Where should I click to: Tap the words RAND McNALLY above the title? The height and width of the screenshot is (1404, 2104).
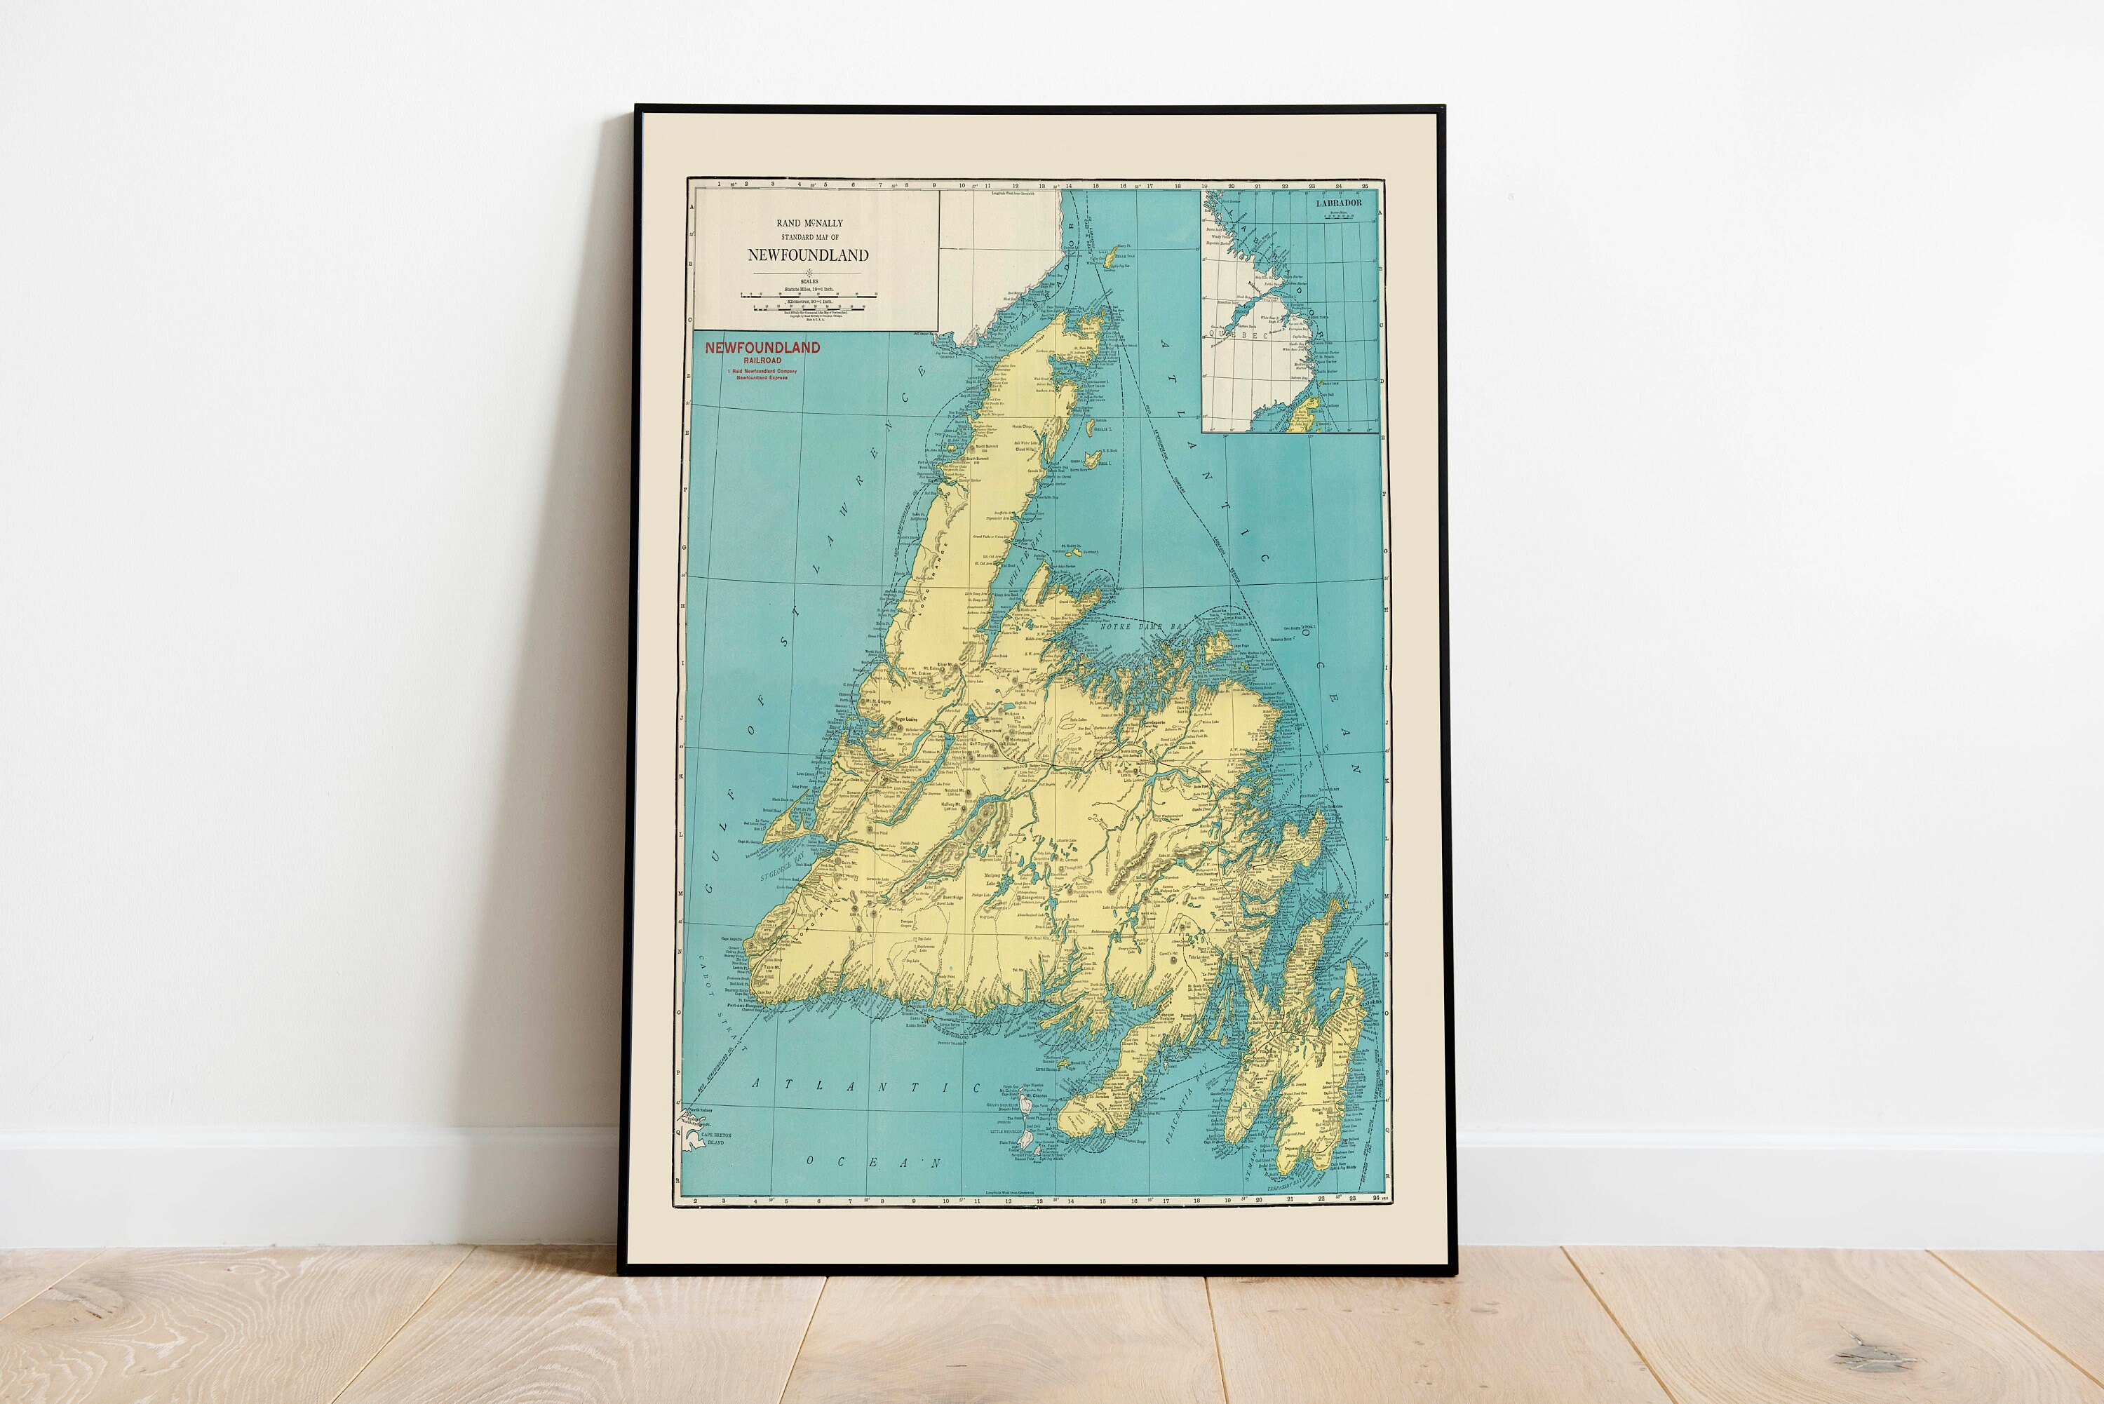(x=809, y=223)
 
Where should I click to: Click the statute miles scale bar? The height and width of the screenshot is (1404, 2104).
(x=809, y=295)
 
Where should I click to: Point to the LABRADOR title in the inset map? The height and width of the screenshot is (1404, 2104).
(x=1339, y=203)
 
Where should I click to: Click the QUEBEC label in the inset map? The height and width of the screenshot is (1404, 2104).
(x=1239, y=334)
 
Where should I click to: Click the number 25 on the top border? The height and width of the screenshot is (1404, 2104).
(x=1365, y=187)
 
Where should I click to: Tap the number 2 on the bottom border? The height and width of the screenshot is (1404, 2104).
(x=696, y=1199)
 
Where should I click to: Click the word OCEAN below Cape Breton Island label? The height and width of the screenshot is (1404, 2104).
(x=873, y=1162)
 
